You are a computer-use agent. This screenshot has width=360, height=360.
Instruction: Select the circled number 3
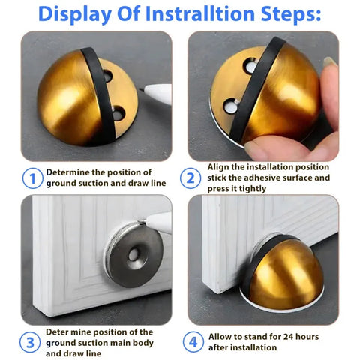pos(31,343)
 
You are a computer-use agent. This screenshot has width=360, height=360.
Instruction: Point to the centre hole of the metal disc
pos(133,255)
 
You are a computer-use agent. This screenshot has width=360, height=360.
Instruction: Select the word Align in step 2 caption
pos(221,166)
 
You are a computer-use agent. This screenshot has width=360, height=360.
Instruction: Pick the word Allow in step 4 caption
pos(223,336)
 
